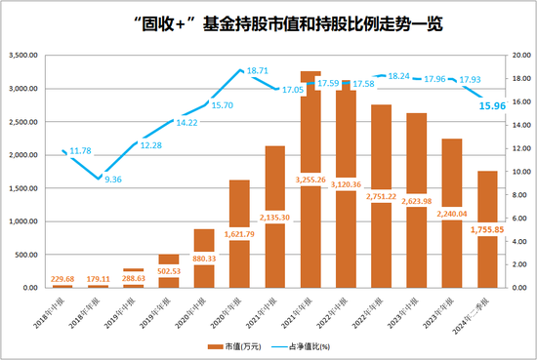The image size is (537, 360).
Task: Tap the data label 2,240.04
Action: tap(452, 214)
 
